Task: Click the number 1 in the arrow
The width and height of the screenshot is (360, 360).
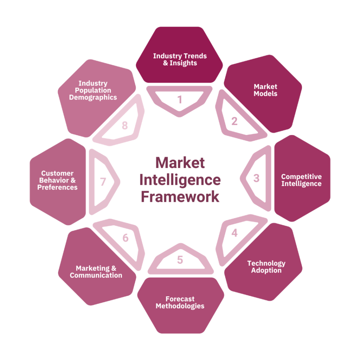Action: pyautogui.click(x=180, y=99)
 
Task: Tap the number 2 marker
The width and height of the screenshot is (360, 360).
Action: pyautogui.click(x=234, y=121)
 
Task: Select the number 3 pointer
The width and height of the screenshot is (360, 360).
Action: pyautogui.click(x=256, y=178)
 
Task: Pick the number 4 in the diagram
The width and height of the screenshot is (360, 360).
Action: pyautogui.click(x=234, y=233)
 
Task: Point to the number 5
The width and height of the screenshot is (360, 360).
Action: pyautogui.click(x=180, y=260)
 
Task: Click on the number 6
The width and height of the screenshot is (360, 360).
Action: pyautogui.click(x=126, y=238)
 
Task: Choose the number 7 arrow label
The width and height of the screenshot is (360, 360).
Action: pyautogui.click(x=103, y=182)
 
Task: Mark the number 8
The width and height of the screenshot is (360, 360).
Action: pyautogui.click(x=125, y=126)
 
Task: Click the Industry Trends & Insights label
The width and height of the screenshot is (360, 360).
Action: pyautogui.click(x=180, y=59)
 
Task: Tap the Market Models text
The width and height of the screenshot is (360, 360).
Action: pyautogui.click(x=265, y=90)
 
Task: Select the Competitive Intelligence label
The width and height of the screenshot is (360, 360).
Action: pyautogui.click(x=301, y=180)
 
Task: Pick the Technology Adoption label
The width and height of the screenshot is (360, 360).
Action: pyautogui.click(x=266, y=267)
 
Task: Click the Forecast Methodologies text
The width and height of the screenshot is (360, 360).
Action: pyautogui.click(x=180, y=302)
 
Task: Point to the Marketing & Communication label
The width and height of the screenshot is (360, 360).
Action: pyautogui.click(x=96, y=272)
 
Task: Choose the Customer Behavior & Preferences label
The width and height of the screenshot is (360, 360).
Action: pyautogui.click(x=57, y=180)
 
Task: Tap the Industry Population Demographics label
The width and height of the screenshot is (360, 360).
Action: pyautogui.click(x=93, y=90)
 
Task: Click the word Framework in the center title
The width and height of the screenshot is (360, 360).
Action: pyautogui.click(x=180, y=197)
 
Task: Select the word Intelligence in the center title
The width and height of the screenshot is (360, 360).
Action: pyautogui.click(x=180, y=180)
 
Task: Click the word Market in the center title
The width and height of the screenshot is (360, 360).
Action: pyautogui.click(x=180, y=163)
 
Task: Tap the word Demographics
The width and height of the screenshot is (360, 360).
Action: pyautogui.click(x=93, y=97)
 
